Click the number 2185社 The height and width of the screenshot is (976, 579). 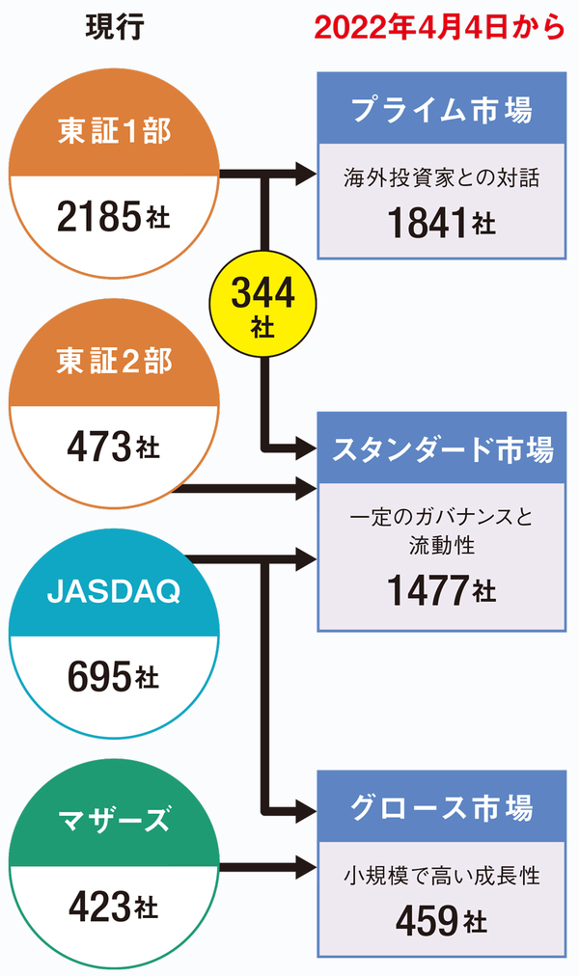(x=113, y=218)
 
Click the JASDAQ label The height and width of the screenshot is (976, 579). (x=114, y=590)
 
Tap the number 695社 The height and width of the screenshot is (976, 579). (x=113, y=677)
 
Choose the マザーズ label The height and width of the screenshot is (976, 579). (x=114, y=822)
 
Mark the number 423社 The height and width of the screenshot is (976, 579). (x=113, y=906)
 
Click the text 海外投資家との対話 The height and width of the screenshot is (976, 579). (x=441, y=177)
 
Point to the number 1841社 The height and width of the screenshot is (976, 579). (x=441, y=223)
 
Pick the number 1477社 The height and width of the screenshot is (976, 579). (x=441, y=588)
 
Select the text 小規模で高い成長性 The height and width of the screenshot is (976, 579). (x=441, y=877)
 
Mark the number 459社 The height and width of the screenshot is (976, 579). (x=441, y=921)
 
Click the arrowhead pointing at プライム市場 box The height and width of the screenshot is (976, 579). (x=308, y=175)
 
